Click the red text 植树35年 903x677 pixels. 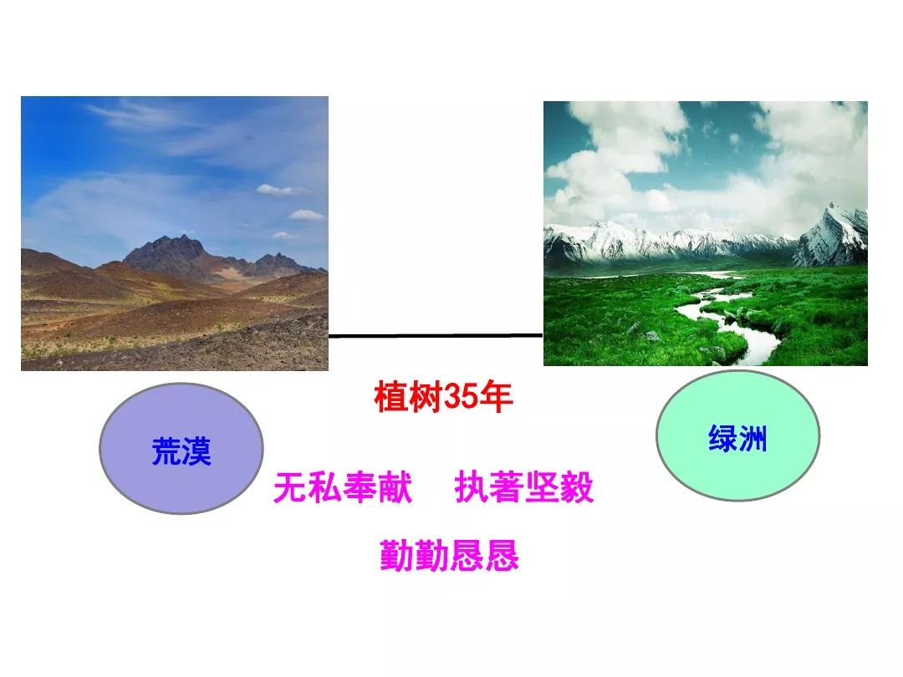point(443,397)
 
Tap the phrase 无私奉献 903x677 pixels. point(343,487)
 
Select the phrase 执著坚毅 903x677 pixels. point(523,487)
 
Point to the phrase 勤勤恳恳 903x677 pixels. point(449,555)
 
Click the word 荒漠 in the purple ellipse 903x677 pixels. point(181,450)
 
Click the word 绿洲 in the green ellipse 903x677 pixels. point(737,439)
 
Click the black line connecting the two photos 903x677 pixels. point(436,335)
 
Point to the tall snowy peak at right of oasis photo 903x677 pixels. point(832,235)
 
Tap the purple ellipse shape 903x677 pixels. point(181,449)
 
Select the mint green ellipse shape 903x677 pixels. point(737,435)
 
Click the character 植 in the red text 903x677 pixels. point(391,397)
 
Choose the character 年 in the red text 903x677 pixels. point(495,397)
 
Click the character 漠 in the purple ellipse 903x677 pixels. point(196,450)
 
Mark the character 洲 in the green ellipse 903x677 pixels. point(752,439)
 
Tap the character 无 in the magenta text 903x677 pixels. point(291,487)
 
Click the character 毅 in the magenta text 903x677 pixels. point(576,487)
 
